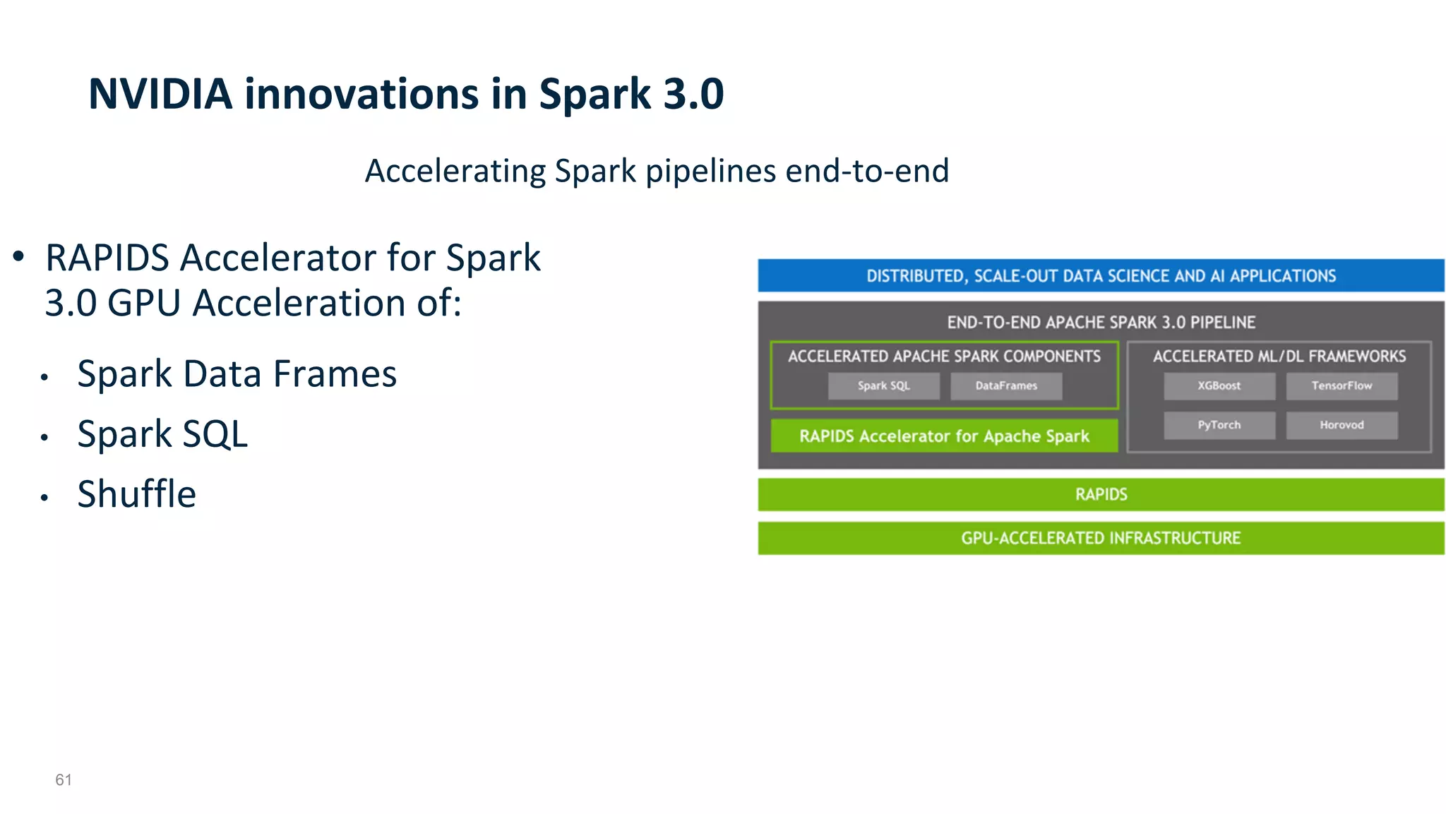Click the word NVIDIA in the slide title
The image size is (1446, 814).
(x=160, y=94)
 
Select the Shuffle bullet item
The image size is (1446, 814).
(x=136, y=493)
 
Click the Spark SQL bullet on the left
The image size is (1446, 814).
(x=162, y=433)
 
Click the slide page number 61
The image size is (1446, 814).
(x=64, y=779)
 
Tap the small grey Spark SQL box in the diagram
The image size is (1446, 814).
(x=883, y=385)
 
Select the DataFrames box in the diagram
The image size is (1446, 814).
(x=1006, y=385)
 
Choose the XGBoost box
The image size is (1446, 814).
(x=1219, y=385)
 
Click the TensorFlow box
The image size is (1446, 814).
(x=1341, y=385)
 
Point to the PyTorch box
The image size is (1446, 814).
(x=1219, y=425)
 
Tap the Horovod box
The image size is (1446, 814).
(x=1341, y=425)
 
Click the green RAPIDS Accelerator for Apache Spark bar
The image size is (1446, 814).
(x=944, y=436)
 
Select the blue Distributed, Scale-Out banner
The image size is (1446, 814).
(x=1101, y=275)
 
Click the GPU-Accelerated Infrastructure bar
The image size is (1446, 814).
(x=1101, y=538)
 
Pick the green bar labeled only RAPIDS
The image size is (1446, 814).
(x=1101, y=494)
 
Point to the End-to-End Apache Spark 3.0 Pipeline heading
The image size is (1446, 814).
(x=1101, y=323)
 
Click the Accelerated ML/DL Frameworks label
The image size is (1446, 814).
(x=1279, y=357)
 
